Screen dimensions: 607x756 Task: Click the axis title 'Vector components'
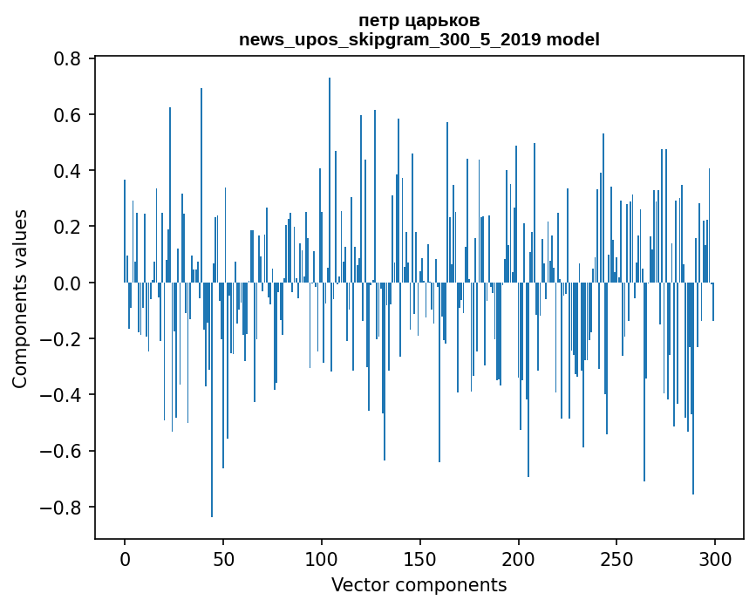tap(419, 584)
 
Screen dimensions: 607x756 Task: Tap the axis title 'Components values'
tap(20, 298)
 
